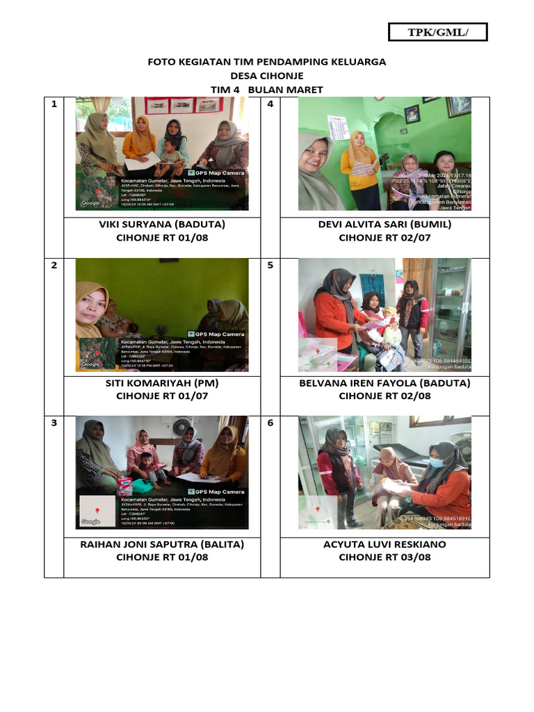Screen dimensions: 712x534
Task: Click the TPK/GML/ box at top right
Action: point(437,32)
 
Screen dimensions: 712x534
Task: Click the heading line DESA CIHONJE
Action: point(267,76)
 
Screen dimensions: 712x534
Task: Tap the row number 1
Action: point(54,104)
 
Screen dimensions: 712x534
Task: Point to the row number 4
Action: point(270,104)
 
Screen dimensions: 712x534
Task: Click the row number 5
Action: point(270,265)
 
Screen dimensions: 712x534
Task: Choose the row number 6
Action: point(270,423)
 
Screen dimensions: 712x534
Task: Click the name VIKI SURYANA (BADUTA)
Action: point(162,225)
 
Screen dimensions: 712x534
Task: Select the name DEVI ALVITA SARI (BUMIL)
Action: point(385,225)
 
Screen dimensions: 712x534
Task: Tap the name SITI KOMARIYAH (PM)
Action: point(162,383)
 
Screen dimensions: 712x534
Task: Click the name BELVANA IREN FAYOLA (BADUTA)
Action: point(385,383)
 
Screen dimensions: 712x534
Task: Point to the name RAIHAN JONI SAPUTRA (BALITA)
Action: point(162,544)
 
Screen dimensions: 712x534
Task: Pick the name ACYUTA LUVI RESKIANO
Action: point(385,544)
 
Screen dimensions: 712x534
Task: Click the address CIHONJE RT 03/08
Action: point(385,557)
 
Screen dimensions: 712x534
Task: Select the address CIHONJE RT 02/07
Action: point(385,238)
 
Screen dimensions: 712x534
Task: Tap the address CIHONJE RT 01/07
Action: point(162,396)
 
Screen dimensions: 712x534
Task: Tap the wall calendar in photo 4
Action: point(338,128)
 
